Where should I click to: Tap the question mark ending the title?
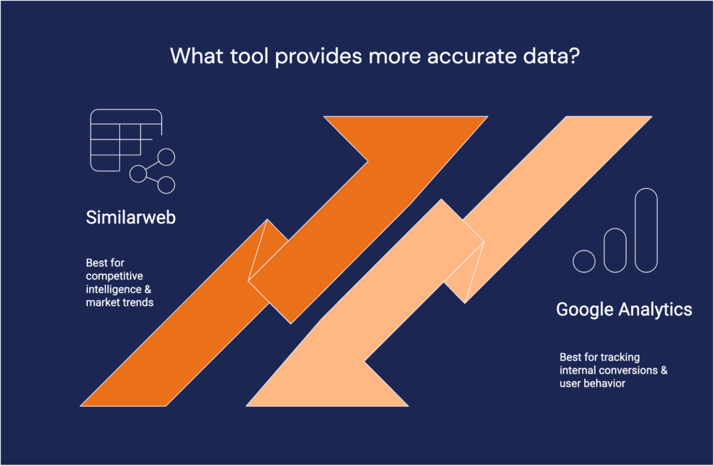(x=573, y=56)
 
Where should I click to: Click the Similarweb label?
(x=130, y=217)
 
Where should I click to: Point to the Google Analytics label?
(x=624, y=309)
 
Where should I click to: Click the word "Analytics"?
(x=655, y=309)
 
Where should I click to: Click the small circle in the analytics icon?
(x=584, y=261)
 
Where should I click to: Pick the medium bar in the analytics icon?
(x=615, y=250)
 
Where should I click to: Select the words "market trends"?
(x=119, y=302)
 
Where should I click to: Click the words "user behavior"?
(x=592, y=384)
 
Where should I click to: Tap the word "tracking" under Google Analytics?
(x=619, y=357)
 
